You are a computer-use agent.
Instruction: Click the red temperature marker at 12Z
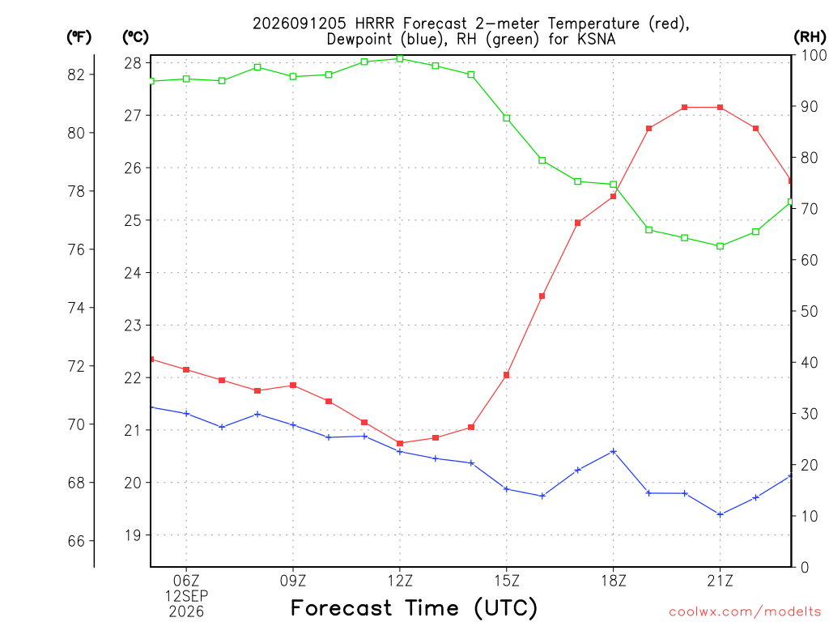(400, 443)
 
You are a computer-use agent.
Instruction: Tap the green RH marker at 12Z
(400, 58)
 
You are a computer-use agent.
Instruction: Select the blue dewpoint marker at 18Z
(614, 451)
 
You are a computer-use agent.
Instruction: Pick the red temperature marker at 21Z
(720, 108)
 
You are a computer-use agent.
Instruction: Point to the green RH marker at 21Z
(720, 246)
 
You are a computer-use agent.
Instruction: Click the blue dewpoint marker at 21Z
(720, 514)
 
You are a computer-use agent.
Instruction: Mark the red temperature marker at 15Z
(507, 375)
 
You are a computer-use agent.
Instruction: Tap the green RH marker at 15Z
(507, 118)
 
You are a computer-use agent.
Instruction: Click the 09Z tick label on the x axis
(293, 581)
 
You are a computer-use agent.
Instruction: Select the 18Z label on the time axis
(614, 581)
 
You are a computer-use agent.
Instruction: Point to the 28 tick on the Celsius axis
(133, 63)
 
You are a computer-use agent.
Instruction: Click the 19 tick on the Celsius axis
(133, 535)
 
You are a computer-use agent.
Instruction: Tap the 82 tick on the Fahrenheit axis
(76, 75)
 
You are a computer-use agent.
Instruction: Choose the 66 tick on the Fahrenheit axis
(76, 541)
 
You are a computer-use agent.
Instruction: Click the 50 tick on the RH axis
(809, 311)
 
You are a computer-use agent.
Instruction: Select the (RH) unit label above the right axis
(810, 36)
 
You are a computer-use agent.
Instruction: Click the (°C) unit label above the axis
(135, 36)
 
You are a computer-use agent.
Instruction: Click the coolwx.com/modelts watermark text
(745, 611)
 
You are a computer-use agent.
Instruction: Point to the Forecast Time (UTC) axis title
(414, 608)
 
